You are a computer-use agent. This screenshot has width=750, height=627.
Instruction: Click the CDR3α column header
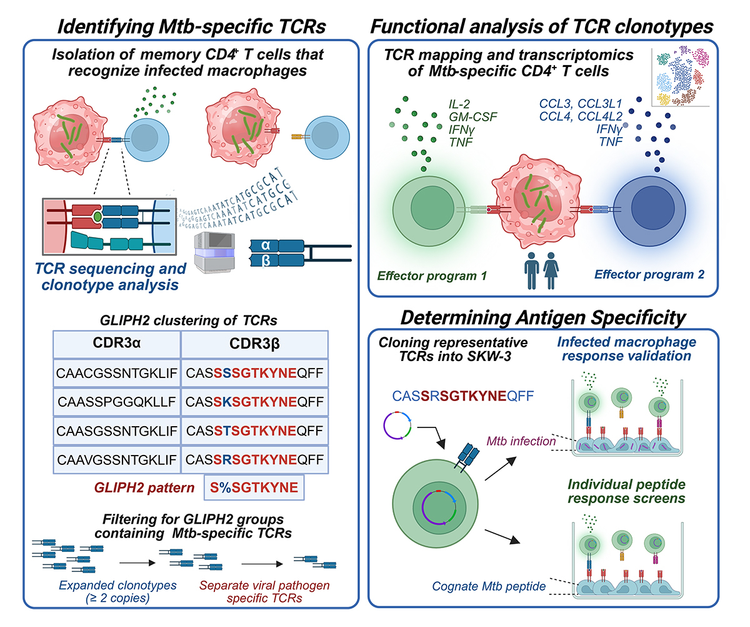click(x=117, y=345)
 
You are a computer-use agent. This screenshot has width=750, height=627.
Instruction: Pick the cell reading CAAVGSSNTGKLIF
click(x=117, y=460)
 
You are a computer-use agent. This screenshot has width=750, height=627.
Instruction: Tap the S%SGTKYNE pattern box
click(x=254, y=488)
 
